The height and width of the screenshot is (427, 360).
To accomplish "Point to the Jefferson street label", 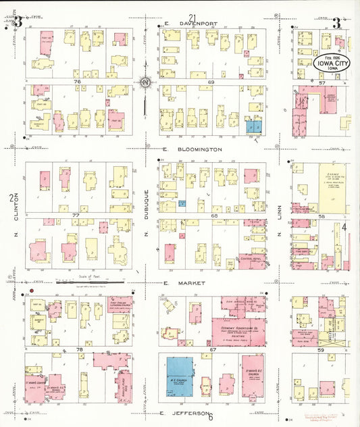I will [x=182, y=412].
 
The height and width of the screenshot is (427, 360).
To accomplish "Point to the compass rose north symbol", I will [x=145, y=84].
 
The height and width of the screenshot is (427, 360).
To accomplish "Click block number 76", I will [x=78, y=82].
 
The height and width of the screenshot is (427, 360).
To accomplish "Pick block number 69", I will [x=192, y=82].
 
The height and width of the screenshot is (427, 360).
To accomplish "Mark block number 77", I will [x=76, y=215].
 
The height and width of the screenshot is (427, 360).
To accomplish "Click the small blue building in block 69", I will [x=254, y=126].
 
